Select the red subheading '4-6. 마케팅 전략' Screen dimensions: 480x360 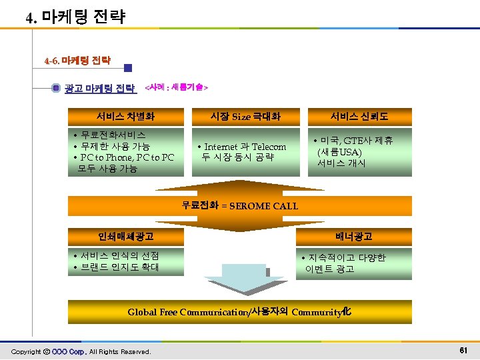point(77,61)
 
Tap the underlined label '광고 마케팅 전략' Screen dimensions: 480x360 point(100,88)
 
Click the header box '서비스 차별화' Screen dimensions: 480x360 point(126,117)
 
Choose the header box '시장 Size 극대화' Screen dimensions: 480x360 point(245,117)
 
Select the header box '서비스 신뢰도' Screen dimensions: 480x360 point(359,117)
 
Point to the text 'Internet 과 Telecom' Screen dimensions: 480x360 point(245,147)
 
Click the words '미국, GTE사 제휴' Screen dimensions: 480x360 point(360,141)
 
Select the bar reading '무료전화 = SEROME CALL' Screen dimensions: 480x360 point(240,205)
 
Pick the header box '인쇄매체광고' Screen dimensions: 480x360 point(126,236)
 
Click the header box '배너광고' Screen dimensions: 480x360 point(354,236)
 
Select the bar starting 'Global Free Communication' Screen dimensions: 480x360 point(240,311)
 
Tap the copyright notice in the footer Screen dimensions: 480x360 point(81,351)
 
